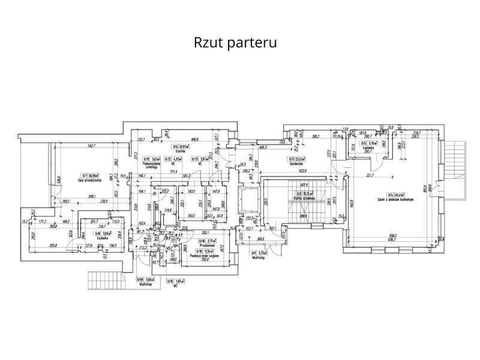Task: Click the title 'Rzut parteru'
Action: pyautogui.click(x=235, y=43)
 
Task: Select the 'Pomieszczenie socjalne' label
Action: pyautogui.click(x=205, y=256)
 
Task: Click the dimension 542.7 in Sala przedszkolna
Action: pyautogui.click(x=92, y=146)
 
